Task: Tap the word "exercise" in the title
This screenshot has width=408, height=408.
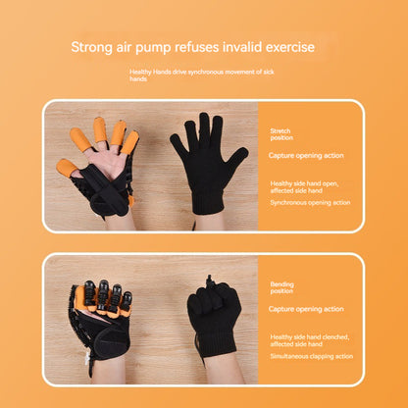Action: pos(290,47)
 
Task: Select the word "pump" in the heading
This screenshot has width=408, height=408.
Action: pos(153,48)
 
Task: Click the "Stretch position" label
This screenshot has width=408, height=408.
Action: pos(281,134)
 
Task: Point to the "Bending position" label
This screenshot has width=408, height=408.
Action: pos(281,287)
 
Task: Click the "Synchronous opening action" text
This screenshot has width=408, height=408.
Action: pos(310,203)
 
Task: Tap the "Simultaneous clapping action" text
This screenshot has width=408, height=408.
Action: pos(312,356)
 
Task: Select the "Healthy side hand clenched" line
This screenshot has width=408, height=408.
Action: pos(310,337)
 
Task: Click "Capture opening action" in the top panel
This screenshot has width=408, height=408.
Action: pos(306,156)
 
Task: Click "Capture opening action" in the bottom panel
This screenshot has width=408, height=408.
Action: pos(306,309)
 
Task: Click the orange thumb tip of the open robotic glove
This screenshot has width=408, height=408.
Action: pos(67,168)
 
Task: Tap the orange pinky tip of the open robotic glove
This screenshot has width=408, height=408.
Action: pos(130,142)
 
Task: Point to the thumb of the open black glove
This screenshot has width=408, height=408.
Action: pos(236,158)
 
